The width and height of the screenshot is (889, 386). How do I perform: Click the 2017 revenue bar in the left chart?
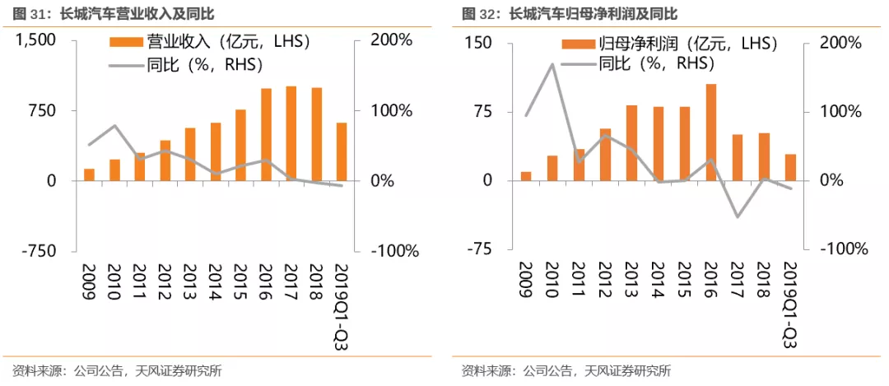click(291, 133)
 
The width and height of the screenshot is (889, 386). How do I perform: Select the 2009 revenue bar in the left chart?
click(89, 174)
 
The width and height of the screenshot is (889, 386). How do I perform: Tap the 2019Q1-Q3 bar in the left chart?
click(342, 151)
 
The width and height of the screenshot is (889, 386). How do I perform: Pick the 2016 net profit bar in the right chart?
click(711, 132)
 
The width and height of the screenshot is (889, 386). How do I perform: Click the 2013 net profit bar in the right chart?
click(631, 142)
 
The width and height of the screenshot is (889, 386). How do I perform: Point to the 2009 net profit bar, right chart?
click(526, 175)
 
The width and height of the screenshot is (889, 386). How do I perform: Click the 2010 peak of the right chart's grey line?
click(552, 64)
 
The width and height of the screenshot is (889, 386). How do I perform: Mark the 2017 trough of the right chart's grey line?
click(738, 217)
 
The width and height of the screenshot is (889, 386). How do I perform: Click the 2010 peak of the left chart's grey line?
click(114, 126)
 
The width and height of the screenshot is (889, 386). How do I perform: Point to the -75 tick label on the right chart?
click(479, 249)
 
